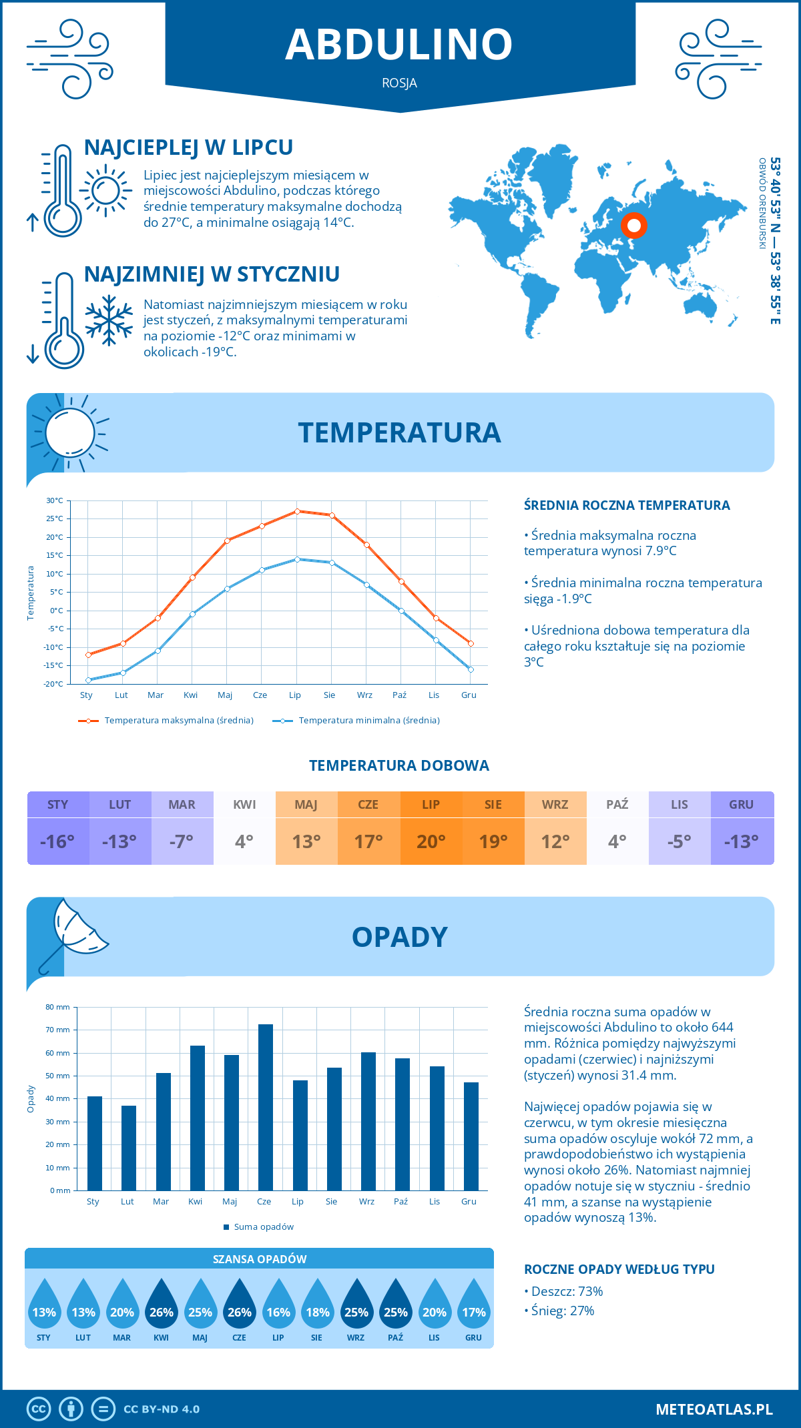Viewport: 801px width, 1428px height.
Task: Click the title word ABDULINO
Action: coord(399,44)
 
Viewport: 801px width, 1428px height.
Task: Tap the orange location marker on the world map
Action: coord(634,226)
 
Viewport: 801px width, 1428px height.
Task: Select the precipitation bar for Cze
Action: coord(266,1107)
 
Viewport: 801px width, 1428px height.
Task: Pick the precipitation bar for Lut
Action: coord(129,1148)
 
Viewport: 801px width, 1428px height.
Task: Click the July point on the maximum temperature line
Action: coord(297,511)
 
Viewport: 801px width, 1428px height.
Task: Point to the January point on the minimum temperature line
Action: coord(88,680)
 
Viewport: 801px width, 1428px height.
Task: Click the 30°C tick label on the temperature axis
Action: coord(55,500)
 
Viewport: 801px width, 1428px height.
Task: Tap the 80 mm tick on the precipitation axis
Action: coord(58,1007)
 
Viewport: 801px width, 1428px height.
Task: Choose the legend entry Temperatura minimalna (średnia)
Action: coord(368,721)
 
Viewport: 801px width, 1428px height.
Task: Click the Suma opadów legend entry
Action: coord(263,1227)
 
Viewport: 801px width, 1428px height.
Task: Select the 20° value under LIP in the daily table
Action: coord(431,841)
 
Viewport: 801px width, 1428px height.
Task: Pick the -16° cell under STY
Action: coord(58,841)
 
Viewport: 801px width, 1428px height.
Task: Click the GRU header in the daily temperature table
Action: coord(742,805)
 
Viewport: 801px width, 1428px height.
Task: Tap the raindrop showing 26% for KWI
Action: coord(162,1307)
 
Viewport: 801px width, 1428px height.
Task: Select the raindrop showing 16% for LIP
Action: coord(278,1307)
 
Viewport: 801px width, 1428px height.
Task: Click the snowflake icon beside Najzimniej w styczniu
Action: coord(109,320)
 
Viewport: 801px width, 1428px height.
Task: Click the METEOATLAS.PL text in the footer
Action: coord(714,1409)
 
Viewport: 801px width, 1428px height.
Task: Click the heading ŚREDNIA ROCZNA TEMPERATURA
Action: coord(627,506)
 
